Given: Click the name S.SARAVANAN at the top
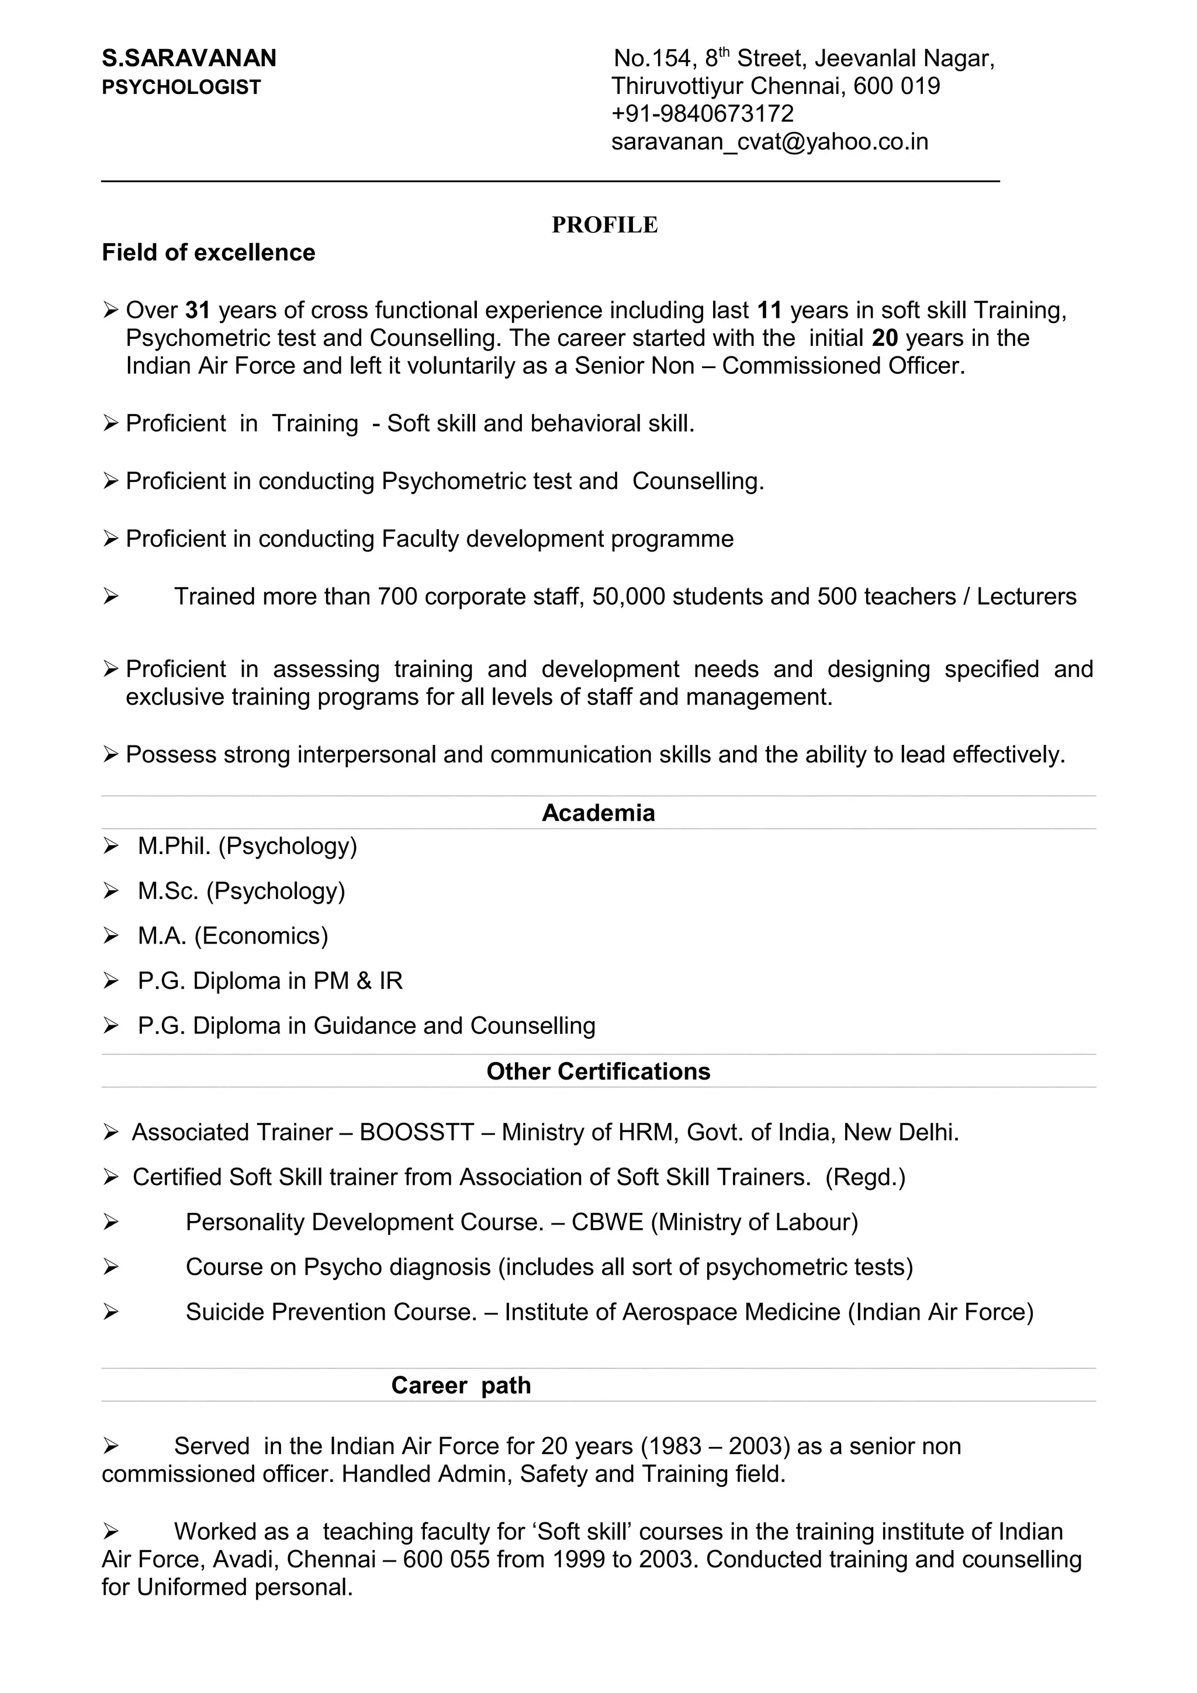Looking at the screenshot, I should coord(189,58).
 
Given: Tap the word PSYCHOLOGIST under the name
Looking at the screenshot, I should coord(181,88).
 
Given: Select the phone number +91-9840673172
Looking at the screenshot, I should coord(702,113).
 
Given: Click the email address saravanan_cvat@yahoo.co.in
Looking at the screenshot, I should coord(769,141).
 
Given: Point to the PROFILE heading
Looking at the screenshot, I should coord(604,225).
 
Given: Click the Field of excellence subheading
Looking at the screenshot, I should coord(208,253).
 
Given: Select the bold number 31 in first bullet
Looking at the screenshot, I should coord(198,310).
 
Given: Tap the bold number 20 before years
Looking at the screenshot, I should coord(884,338).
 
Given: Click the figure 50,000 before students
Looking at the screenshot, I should coord(628,596).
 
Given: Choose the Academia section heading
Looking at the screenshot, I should coord(598,813).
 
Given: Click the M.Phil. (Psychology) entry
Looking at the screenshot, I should coord(247,846).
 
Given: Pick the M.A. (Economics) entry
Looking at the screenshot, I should coord(232,936).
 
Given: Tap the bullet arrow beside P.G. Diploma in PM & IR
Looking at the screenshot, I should coord(110,981).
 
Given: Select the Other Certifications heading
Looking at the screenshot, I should coord(598,1071).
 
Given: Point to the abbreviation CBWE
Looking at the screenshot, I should coord(607,1223).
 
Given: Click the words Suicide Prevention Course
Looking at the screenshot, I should coord(331,1313).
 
